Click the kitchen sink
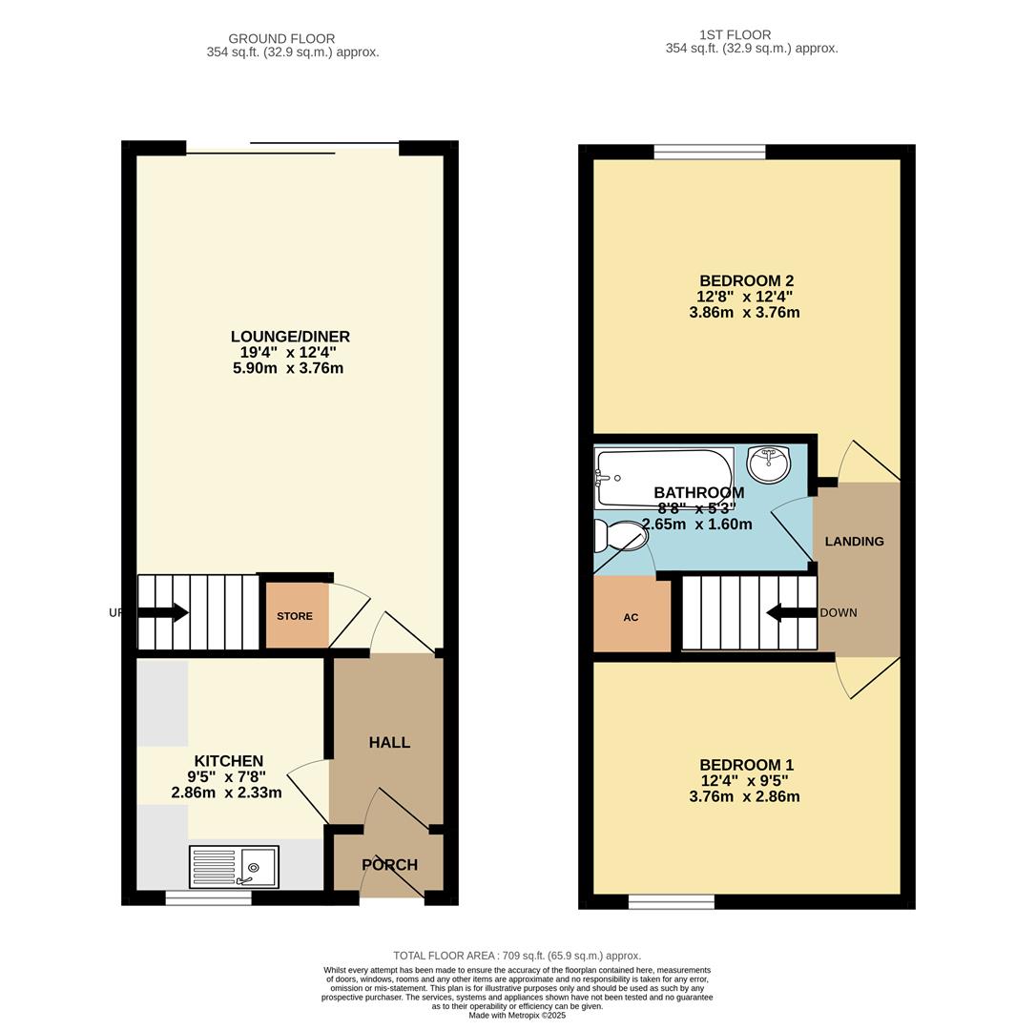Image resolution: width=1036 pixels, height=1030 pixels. click(x=234, y=867)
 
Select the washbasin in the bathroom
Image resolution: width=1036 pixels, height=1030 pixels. click(x=769, y=463)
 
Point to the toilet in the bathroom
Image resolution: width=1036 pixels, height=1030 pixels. click(x=619, y=536)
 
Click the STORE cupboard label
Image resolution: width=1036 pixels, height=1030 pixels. click(x=295, y=616)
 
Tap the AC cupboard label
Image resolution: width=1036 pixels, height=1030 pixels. click(x=631, y=617)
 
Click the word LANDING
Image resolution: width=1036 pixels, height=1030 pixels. click(x=854, y=542)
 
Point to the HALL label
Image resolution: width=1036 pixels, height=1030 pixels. click(x=389, y=742)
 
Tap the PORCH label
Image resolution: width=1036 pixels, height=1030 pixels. click(x=389, y=865)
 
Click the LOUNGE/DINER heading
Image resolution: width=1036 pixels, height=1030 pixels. click(x=290, y=337)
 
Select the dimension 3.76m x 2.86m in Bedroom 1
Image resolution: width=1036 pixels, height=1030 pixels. click(x=744, y=796)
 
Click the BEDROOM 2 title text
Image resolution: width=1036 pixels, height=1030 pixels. click(x=746, y=280)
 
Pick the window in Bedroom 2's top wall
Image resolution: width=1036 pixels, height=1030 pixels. click(x=710, y=151)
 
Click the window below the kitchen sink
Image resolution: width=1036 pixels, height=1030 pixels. click(x=208, y=897)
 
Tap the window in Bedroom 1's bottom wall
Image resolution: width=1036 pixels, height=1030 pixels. click(x=671, y=901)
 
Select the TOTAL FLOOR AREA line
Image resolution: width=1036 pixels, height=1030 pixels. click(x=517, y=955)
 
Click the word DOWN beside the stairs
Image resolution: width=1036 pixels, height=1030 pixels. click(x=839, y=612)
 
